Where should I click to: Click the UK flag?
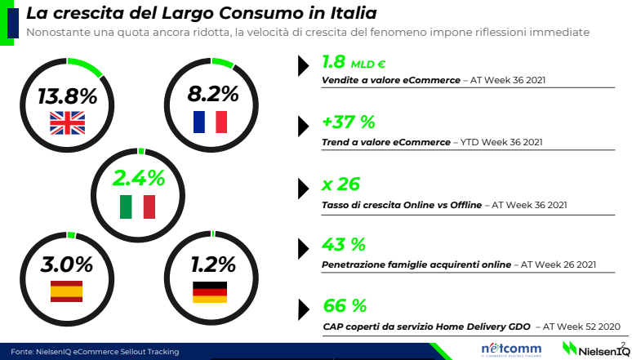click(x=67, y=122)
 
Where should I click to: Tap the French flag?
click(x=209, y=122)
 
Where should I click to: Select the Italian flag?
click(x=138, y=207)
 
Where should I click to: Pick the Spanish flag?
click(x=67, y=291)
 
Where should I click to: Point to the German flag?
click(x=209, y=291)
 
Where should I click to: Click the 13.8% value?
click(x=67, y=96)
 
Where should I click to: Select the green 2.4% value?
click(x=139, y=177)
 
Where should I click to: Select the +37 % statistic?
click(x=348, y=123)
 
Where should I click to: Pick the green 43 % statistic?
click(x=344, y=245)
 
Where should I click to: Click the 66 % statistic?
click(x=345, y=306)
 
